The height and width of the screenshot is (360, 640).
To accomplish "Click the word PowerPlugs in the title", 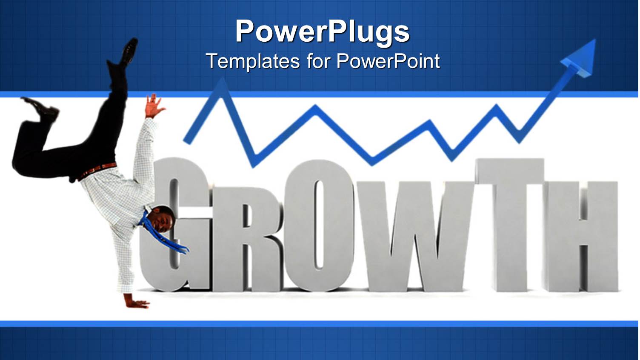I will (322, 31).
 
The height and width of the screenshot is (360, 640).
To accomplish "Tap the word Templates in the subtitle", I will (253, 61).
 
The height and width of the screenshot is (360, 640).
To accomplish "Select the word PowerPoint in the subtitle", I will (388, 61).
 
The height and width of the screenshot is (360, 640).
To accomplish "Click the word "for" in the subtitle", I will (318, 61).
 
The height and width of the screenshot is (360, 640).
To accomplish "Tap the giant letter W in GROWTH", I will (409, 238).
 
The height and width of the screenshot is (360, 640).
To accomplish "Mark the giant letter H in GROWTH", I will (583, 238).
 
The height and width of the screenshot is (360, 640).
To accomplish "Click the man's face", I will (164, 221).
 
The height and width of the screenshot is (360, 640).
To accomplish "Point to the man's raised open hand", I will (153, 106).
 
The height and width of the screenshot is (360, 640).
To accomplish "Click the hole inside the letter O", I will (318, 226).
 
